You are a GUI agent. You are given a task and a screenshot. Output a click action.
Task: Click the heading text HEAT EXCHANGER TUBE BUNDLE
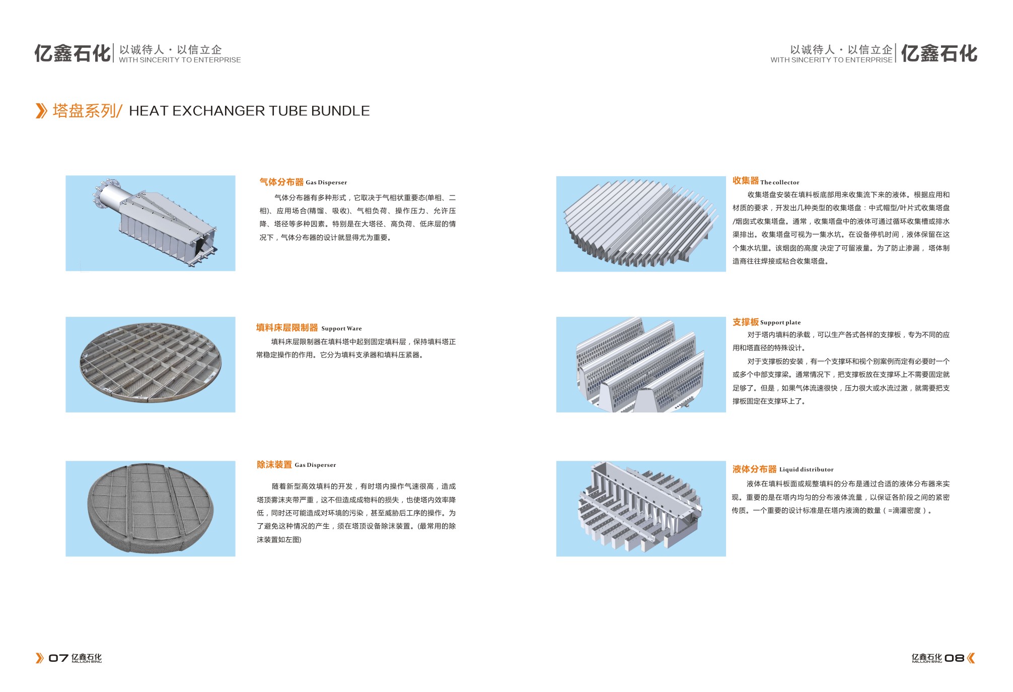point(249,111)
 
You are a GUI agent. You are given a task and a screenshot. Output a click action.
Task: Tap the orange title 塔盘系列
point(84,111)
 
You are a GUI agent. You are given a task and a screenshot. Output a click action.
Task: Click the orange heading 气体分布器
point(281,182)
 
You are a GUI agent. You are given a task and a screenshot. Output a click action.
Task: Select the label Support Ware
point(341,328)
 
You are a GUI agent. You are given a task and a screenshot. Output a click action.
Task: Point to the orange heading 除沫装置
point(274,464)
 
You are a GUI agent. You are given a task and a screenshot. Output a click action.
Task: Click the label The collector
point(780,182)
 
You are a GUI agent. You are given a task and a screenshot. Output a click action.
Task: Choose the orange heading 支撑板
point(746,322)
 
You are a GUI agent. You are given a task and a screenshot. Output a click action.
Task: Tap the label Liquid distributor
point(807,469)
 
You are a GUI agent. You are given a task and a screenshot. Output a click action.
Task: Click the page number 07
point(58,658)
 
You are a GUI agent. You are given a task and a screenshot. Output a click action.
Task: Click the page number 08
point(955,658)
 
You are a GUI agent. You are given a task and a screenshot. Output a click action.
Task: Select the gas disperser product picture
point(151,223)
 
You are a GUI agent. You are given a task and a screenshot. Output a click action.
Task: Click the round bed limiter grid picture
point(151,365)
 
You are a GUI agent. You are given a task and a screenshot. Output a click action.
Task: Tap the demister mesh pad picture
point(151,509)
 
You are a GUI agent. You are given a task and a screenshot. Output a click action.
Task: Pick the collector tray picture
point(641,224)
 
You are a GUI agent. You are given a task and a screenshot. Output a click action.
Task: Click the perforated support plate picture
point(641,365)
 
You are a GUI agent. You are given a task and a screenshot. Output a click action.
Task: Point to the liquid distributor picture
point(641,509)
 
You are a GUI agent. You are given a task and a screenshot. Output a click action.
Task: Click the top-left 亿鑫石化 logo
point(73,53)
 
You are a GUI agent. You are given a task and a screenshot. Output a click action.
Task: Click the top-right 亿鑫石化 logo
point(939,53)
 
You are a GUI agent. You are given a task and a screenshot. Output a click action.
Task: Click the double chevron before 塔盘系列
point(41,111)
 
